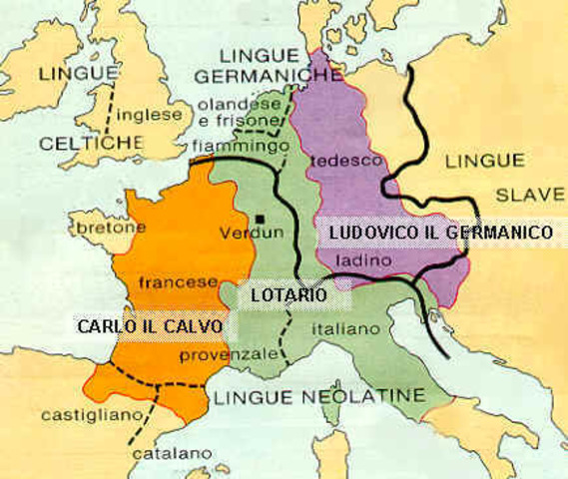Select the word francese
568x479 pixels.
[x=179, y=282]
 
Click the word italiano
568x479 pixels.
[x=345, y=327]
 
